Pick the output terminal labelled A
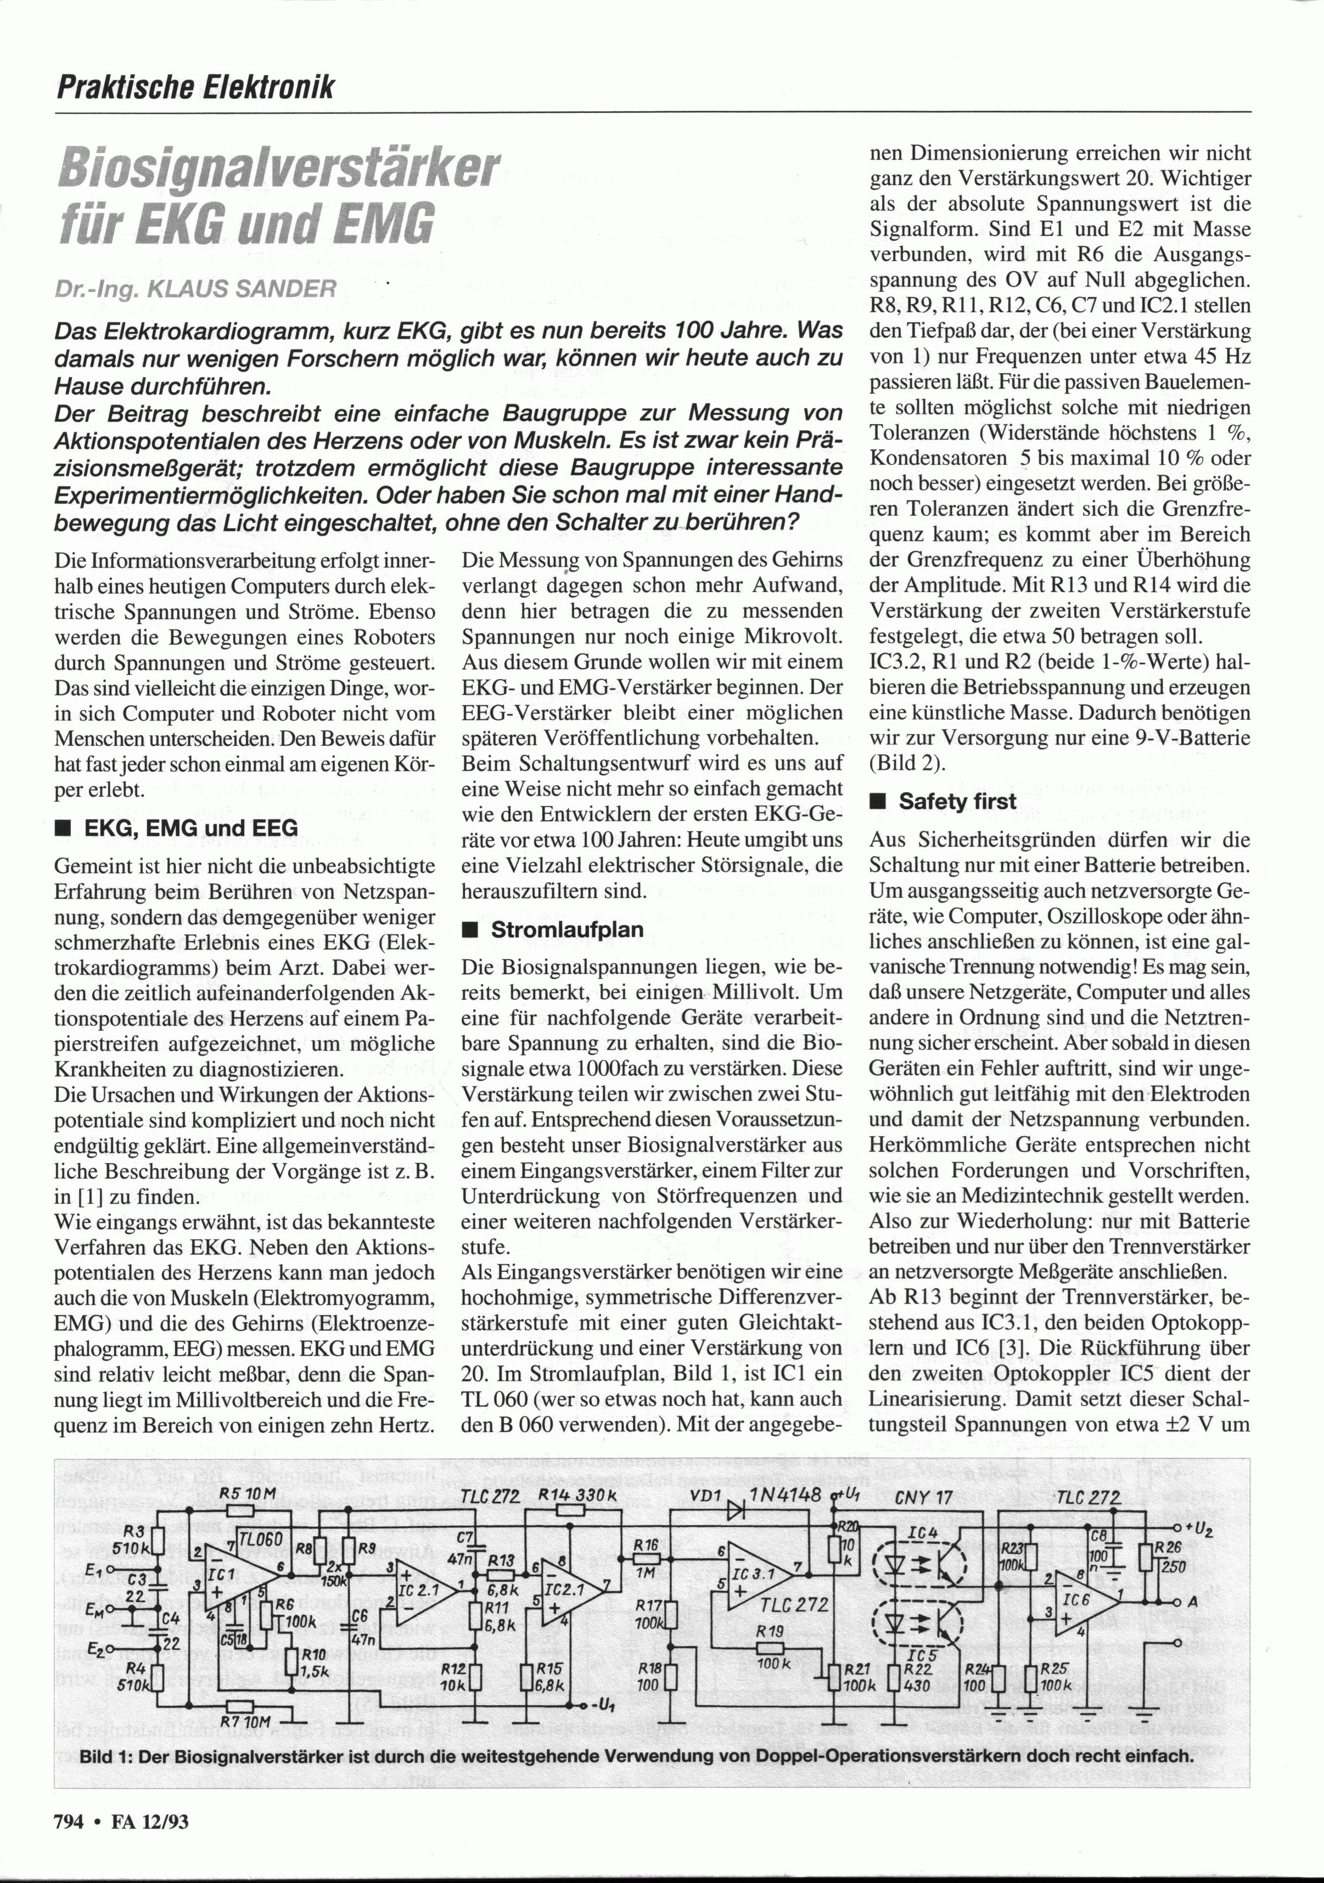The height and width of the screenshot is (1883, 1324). (x=1179, y=1602)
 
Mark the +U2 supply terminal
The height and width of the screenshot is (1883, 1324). (x=1178, y=1528)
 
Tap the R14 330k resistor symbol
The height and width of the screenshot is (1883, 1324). (x=566, y=1512)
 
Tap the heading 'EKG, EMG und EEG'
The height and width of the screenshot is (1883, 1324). (x=191, y=827)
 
